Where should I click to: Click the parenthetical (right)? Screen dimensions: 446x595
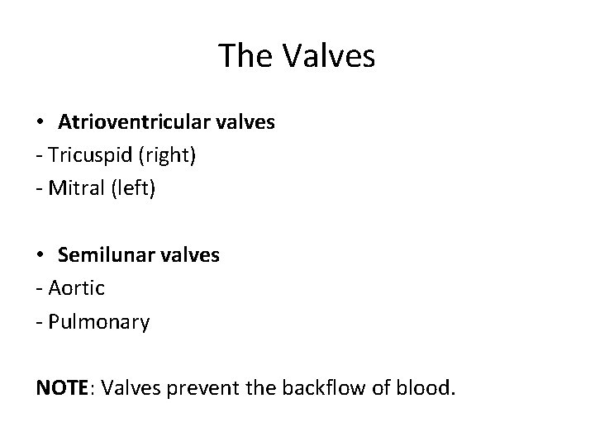pos(169,155)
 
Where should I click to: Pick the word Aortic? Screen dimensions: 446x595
pos(77,288)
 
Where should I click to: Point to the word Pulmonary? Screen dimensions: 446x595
pos(98,321)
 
